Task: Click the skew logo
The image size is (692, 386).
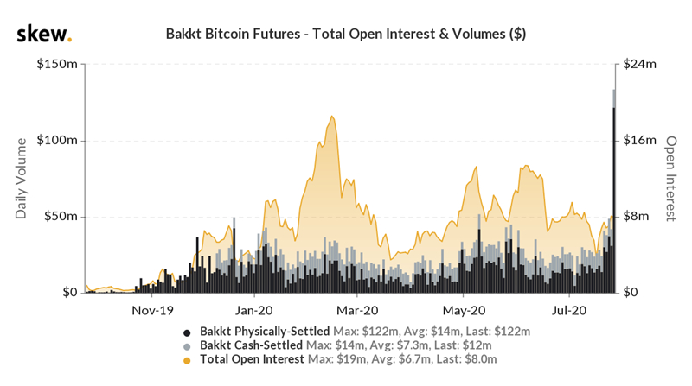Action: tap(43, 35)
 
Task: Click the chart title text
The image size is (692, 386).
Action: tap(345, 35)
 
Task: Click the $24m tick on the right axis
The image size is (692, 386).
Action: tap(640, 65)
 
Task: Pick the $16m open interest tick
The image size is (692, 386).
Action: tap(640, 141)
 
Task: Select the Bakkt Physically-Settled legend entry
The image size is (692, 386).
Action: tap(265, 331)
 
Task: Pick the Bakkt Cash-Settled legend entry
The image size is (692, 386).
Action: tap(251, 345)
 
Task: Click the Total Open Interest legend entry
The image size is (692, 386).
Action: tap(252, 358)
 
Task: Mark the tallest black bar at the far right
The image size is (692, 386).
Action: tap(614, 199)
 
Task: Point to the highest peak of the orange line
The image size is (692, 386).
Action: tap(331, 116)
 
